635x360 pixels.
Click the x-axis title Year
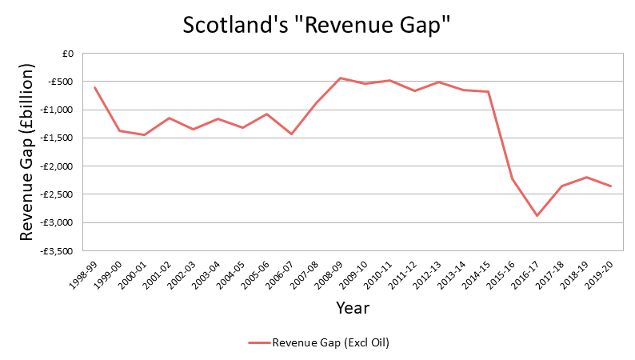coord(353,307)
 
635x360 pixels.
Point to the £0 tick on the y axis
coord(66,54)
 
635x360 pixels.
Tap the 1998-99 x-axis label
coord(83,271)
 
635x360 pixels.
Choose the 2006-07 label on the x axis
coord(280,271)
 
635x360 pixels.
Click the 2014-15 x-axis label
coord(476,271)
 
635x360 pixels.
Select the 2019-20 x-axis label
coord(599,271)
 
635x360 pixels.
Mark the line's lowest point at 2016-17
coord(537,216)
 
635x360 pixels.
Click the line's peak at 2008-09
coord(341,78)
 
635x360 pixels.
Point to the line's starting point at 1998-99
coord(94,87)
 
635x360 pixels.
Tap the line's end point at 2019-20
coord(611,186)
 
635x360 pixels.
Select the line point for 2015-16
coord(513,179)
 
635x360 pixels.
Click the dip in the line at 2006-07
coord(291,134)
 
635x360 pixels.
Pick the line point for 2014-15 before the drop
coord(488,92)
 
